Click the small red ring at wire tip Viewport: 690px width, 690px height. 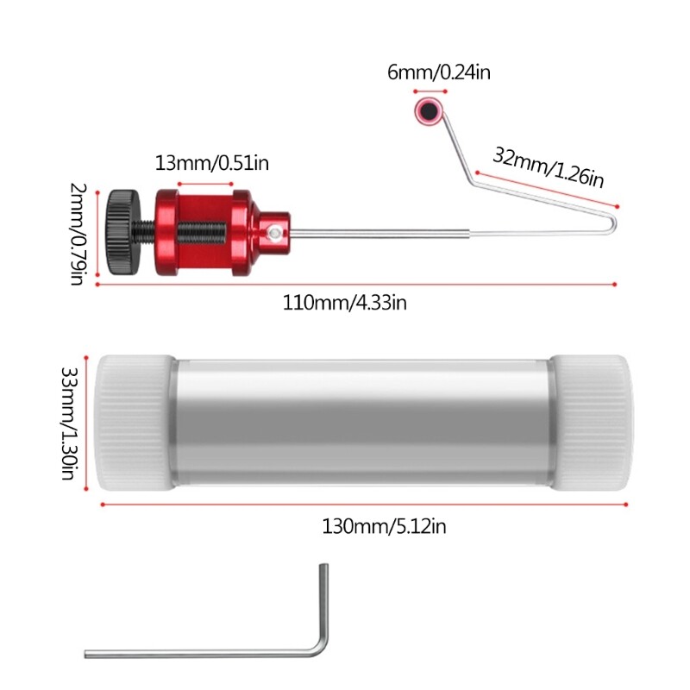(428, 110)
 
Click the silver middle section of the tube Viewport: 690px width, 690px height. (362, 422)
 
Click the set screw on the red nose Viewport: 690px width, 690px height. (273, 232)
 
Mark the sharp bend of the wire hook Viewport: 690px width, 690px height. (614, 223)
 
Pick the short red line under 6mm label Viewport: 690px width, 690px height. (428, 91)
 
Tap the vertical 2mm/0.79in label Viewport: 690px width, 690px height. (80, 232)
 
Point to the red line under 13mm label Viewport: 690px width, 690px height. (205, 183)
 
